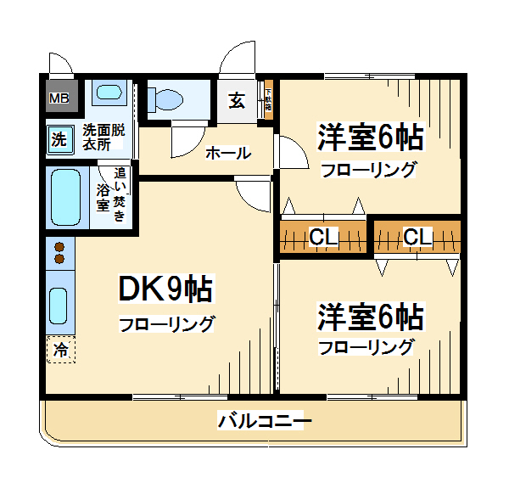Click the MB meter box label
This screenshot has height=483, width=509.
point(59,99)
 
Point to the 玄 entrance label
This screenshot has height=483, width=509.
point(237,101)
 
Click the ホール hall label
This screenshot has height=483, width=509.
point(227,154)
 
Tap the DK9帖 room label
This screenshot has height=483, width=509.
point(165,290)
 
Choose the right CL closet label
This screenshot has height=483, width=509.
point(417,237)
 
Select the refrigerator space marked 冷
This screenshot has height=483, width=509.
point(60,349)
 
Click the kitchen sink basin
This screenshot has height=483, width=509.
point(59,303)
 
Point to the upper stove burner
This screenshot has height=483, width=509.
point(59,248)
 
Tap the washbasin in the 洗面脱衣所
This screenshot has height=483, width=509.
point(108,94)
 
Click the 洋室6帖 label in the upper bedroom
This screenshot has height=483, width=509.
point(371,137)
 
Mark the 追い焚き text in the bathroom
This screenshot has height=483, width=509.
point(120,197)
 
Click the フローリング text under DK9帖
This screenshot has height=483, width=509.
point(166,323)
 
